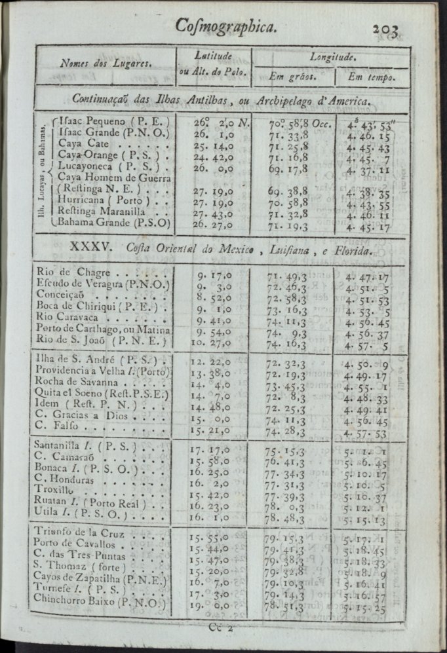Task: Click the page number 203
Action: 390,28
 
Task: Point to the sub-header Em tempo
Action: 371,77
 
